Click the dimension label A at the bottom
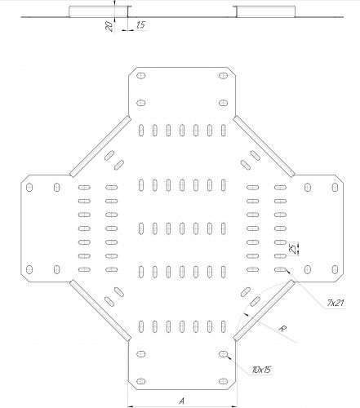[x=182, y=401]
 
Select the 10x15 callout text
[x=261, y=370]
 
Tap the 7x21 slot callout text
[x=336, y=303]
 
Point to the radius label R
[x=283, y=329]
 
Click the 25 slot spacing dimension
[x=292, y=249]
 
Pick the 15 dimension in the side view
[x=140, y=25]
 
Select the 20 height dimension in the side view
[x=109, y=26]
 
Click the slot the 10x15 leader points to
[x=223, y=354]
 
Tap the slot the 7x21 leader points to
[x=280, y=269]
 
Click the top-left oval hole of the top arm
[x=140, y=75]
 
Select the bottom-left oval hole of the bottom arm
[x=140, y=381]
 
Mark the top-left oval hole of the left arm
[x=29, y=187]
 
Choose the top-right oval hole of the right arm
[x=335, y=187]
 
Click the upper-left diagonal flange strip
[x=100, y=147]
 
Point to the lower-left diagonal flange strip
[x=100, y=310]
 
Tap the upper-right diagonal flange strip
[x=264, y=147]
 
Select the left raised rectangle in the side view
[x=98, y=11]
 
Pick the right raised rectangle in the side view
[x=266, y=11]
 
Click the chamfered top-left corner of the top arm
[x=132, y=71]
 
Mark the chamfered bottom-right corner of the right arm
[x=339, y=277]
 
